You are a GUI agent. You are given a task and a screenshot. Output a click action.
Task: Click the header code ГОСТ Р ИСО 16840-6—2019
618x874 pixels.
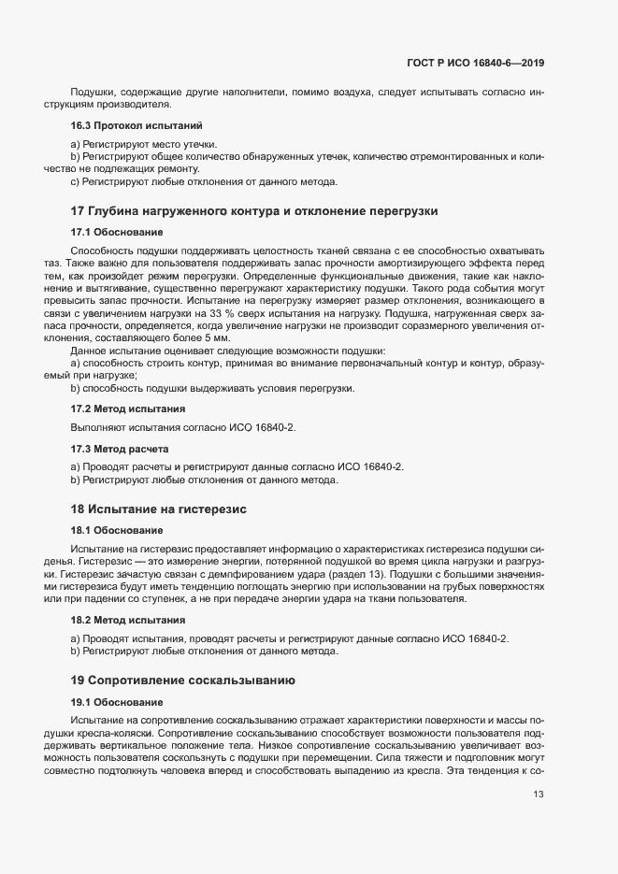click(x=475, y=63)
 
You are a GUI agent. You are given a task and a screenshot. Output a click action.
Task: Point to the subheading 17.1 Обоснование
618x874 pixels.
click(x=116, y=231)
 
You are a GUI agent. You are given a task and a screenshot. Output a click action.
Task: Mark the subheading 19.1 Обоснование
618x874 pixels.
click(x=116, y=701)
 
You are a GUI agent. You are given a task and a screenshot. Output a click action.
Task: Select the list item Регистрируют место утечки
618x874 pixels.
click(x=149, y=143)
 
